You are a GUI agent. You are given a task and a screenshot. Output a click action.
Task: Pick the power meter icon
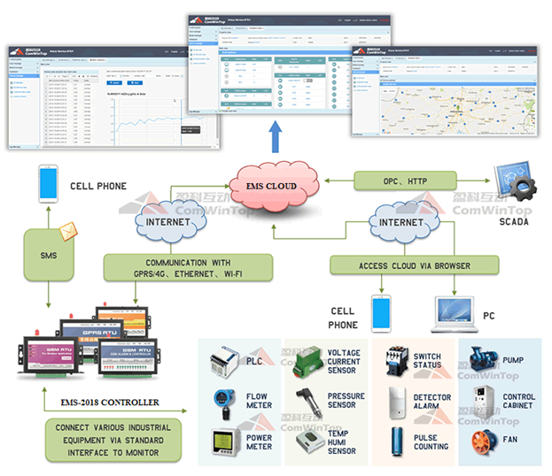tap(222, 443)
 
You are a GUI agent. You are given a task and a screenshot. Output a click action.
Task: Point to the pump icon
tap(483, 360)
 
